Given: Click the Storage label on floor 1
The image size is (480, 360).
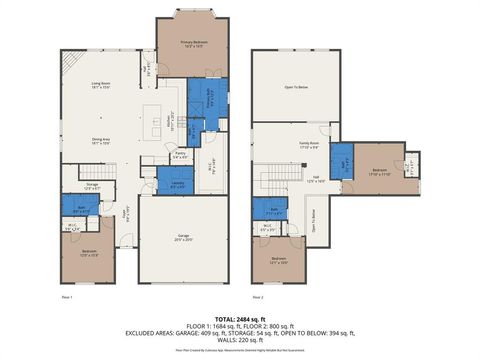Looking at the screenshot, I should pos(92,185).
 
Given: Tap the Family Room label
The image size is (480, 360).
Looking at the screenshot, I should pos(307,145).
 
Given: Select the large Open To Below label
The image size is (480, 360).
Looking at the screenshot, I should pos(295,86).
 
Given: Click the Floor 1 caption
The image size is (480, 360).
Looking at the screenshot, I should pos(67,297).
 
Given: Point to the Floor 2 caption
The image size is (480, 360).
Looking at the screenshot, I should pos(258,297).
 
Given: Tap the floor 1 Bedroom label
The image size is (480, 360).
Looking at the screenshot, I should pos(89,251).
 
